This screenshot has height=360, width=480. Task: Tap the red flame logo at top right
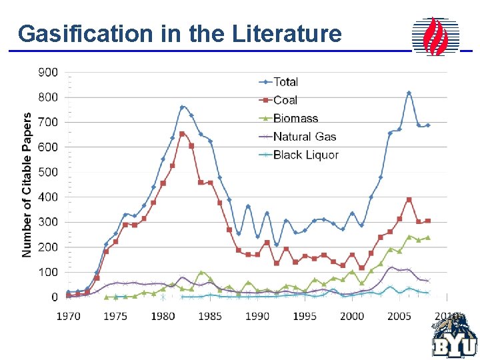point(436,36)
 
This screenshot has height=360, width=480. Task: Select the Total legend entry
point(286,82)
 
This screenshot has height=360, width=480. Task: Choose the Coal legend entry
point(285,100)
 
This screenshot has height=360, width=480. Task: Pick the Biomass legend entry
point(295,119)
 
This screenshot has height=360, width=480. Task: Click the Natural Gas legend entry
point(305,137)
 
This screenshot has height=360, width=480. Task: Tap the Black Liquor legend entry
point(306,155)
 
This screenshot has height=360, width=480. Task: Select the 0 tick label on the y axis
point(54,297)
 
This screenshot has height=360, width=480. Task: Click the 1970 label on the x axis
point(68,316)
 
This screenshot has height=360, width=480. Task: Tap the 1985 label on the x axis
point(210,316)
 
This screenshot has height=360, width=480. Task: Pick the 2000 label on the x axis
point(352,316)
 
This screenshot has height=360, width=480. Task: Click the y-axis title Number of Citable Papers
point(27,185)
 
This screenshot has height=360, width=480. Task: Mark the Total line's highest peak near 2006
point(409,93)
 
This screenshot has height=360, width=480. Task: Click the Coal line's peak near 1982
point(182,134)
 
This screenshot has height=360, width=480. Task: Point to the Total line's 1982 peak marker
point(182,107)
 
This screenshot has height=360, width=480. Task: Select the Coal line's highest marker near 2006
point(409,199)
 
